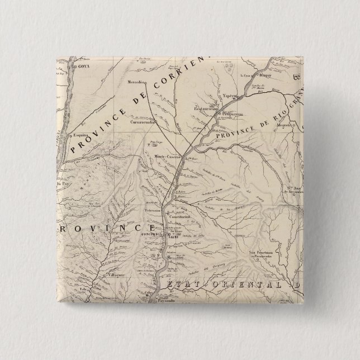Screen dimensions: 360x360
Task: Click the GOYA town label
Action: (84, 67)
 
